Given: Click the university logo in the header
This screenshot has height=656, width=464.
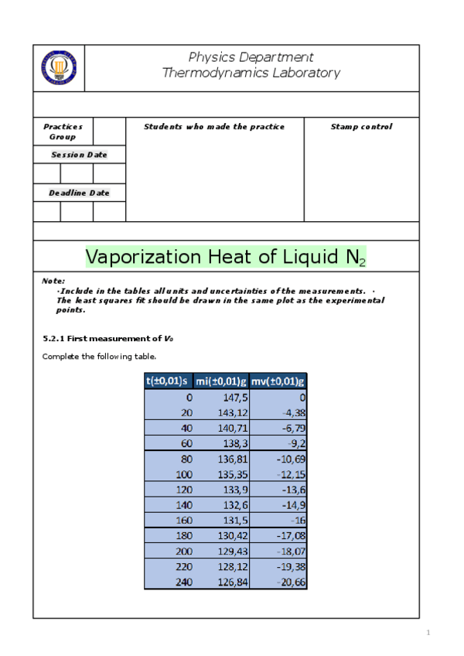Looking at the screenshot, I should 59,69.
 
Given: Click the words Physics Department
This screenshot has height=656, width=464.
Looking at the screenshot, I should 251,57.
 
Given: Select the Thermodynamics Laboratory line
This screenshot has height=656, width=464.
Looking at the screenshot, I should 251,73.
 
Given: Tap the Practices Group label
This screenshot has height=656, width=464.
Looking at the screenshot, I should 63,132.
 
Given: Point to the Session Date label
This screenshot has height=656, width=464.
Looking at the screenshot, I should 79,155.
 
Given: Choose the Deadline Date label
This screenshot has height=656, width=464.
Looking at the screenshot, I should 79,193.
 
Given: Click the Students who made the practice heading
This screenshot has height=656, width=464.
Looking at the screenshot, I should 214,127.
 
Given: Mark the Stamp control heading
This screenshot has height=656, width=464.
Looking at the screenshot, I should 361,127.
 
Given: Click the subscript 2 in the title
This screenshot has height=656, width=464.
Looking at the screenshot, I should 362,262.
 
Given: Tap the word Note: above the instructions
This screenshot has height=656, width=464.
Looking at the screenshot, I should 53,281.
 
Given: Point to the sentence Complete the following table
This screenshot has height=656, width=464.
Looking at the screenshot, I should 99,357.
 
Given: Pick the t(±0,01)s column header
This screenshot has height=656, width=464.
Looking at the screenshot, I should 168,381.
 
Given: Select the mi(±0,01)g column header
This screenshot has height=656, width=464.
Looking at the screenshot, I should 221,381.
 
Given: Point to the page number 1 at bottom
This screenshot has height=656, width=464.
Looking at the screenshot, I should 427,634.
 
